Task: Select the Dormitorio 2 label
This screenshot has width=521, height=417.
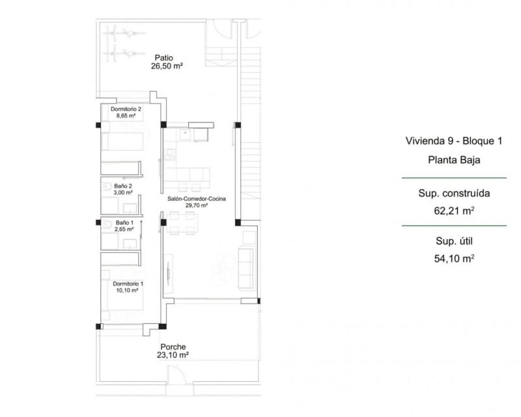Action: [126, 109]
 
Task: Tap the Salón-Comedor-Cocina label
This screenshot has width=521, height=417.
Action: [197, 199]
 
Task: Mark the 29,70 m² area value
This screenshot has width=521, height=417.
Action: [197, 206]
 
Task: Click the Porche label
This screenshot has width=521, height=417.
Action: [173, 347]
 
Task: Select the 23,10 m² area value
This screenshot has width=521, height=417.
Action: [173, 356]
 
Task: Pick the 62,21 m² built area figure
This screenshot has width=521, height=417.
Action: [454, 210]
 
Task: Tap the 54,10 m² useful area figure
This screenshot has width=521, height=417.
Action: [454, 258]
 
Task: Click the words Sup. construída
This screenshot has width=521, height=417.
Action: [454, 194]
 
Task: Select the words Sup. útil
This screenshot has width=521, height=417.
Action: [454, 241]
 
